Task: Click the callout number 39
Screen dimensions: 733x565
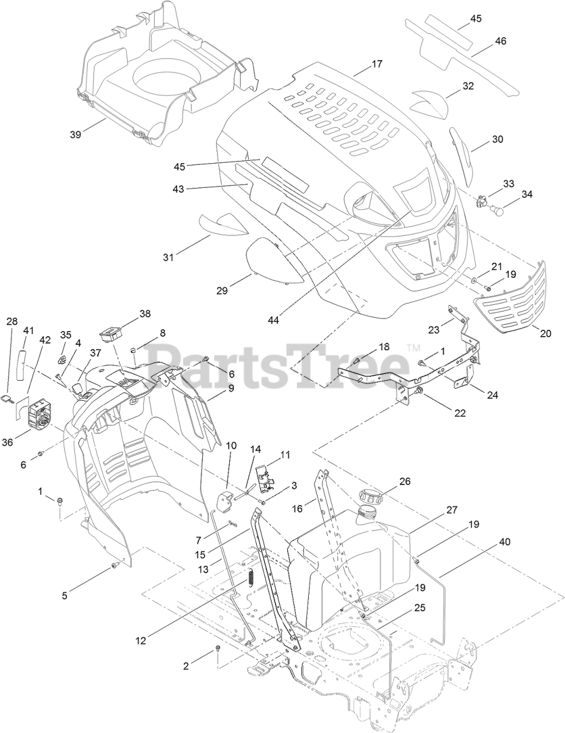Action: click(x=75, y=134)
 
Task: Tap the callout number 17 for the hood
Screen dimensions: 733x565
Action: click(x=376, y=64)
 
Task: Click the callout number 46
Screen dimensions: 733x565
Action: click(x=500, y=41)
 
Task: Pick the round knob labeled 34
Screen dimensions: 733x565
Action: click(x=499, y=211)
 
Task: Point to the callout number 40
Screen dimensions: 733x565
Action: click(x=504, y=541)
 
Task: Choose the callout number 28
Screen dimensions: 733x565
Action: click(x=12, y=321)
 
